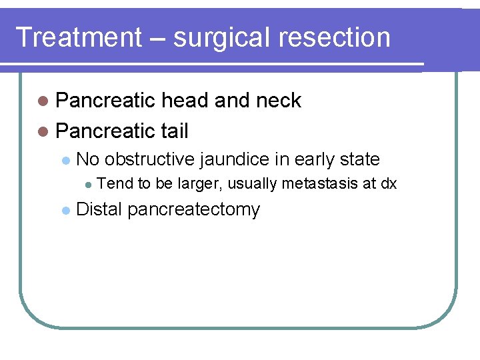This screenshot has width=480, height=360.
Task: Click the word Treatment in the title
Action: (78, 37)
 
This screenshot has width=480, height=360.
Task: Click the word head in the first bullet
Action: (185, 101)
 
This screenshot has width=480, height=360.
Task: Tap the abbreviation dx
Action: (389, 184)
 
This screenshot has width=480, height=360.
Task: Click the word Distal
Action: (100, 209)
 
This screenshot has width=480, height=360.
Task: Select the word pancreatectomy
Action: (193, 210)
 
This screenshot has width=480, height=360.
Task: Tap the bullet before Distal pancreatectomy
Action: (65, 211)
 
